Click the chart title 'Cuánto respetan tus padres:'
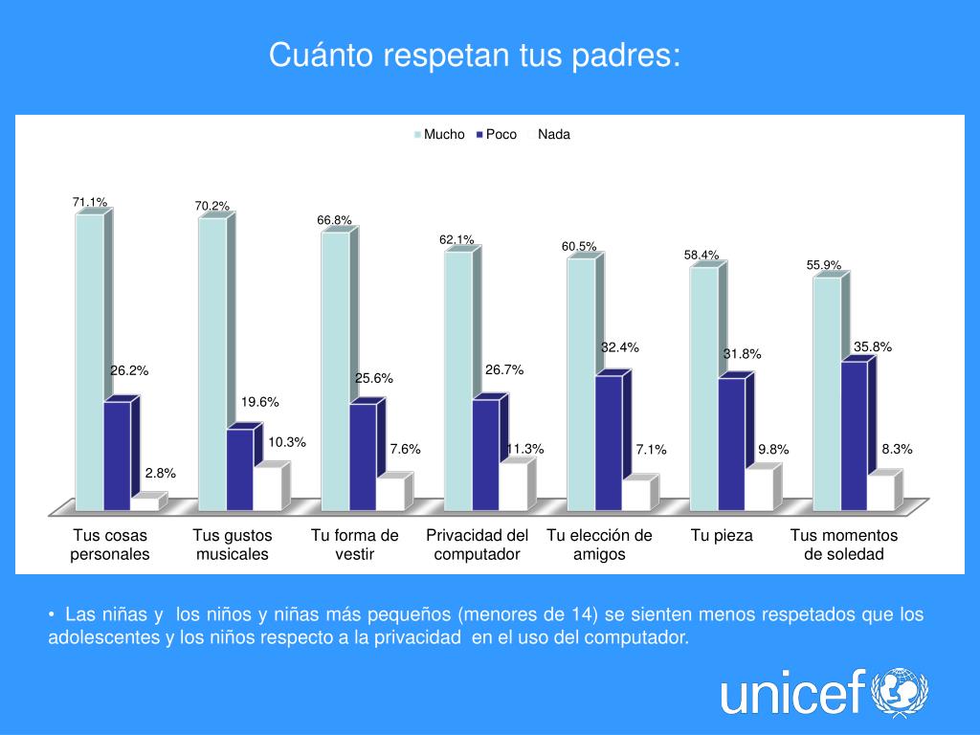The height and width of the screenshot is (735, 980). click(475, 55)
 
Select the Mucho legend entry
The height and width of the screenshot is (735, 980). click(439, 135)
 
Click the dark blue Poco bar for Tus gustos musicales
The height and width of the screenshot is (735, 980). click(239, 469)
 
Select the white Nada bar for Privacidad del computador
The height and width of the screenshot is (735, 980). click(513, 486)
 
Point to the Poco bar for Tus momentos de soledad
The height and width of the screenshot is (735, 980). click(854, 435)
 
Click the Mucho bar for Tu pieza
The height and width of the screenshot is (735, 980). click(703, 388)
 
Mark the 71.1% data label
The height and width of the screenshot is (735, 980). click(90, 202)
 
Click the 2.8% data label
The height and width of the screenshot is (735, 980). click(160, 473)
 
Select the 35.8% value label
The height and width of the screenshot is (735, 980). click(873, 347)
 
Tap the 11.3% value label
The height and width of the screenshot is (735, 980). click(524, 449)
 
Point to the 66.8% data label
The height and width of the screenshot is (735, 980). click(335, 220)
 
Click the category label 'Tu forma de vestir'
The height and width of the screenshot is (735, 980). click(354, 545)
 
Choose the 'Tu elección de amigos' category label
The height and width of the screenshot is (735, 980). click(599, 545)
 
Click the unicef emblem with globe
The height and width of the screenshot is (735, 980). click(899, 692)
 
